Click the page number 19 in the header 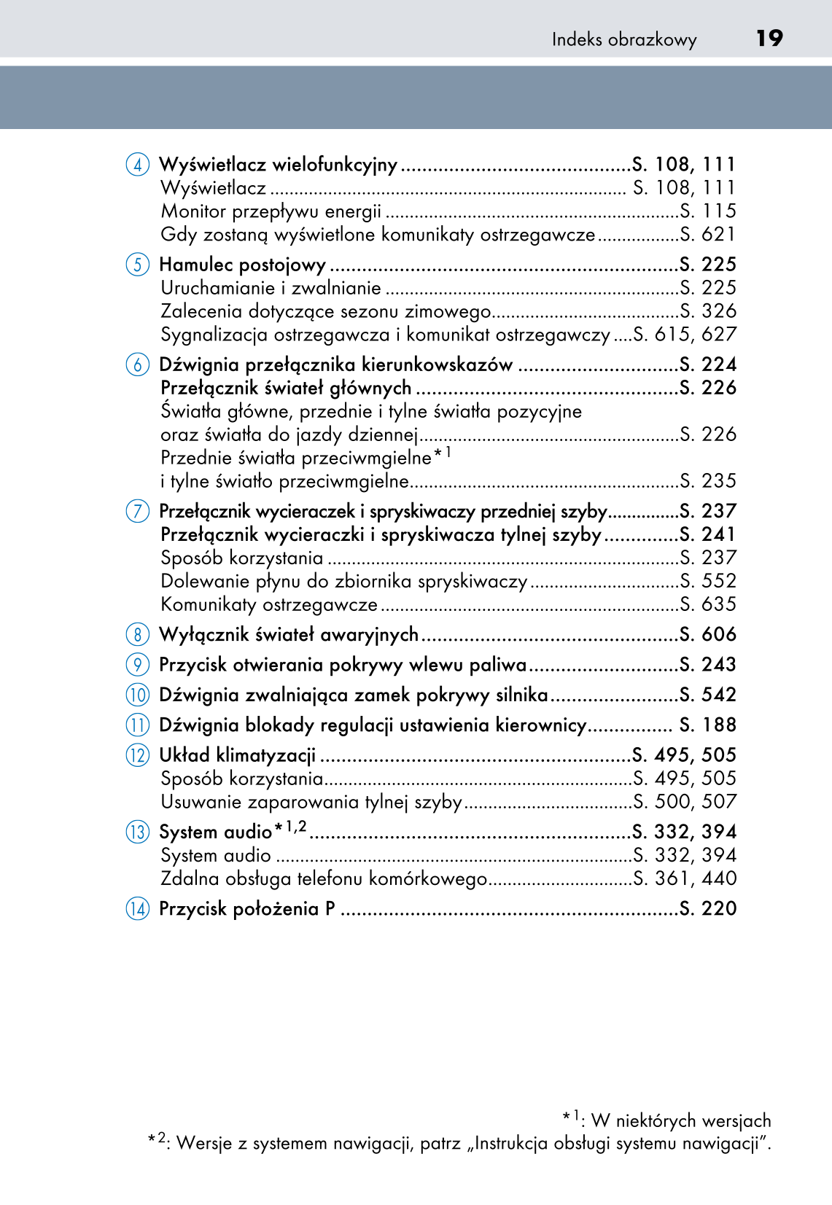point(769,38)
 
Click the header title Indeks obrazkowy point(624,39)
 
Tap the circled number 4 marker point(137,165)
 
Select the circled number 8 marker point(137,634)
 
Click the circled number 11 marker point(137,725)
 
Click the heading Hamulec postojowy point(242,265)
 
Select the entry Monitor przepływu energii point(271,211)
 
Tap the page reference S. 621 point(707,235)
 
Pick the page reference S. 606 point(707,634)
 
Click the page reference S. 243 point(707,664)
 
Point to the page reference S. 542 point(707,695)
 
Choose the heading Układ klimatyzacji point(238,755)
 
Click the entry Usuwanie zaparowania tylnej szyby point(311,802)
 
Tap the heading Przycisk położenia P point(247,909)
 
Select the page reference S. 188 point(707,725)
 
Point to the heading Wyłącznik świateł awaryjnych point(289,635)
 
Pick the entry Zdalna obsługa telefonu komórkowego point(324,878)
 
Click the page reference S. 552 point(707,581)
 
